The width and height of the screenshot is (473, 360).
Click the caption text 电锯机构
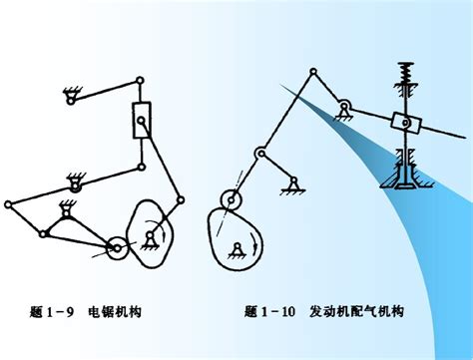click(x=115, y=312)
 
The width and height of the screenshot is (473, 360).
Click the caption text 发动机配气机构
click(x=356, y=311)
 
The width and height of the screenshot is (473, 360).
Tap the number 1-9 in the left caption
click(x=59, y=312)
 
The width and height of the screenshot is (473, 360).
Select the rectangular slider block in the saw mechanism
click(x=142, y=120)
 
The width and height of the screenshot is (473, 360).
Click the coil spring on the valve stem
click(x=406, y=73)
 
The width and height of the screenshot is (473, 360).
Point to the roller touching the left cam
click(x=117, y=248)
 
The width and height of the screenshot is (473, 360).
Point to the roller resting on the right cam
click(x=232, y=199)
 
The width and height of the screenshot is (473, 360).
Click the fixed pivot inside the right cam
click(x=236, y=251)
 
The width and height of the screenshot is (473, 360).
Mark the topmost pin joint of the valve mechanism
click(x=313, y=71)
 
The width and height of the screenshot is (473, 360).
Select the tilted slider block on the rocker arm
click(x=406, y=123)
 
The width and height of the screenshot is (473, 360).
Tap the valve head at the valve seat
click(x=406, y=182)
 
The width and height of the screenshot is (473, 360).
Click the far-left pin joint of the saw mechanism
click(x=8, y=204)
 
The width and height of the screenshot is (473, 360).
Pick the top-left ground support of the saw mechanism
click(x=71, y=96)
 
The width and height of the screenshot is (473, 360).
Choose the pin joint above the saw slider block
click(x=141, y=80)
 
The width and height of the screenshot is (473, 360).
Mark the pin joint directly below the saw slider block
click(x=142, y=167)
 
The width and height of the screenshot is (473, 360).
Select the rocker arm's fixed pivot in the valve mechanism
click(x=344, y=111)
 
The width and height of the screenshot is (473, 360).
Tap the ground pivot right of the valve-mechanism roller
click(x=293, y=186)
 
